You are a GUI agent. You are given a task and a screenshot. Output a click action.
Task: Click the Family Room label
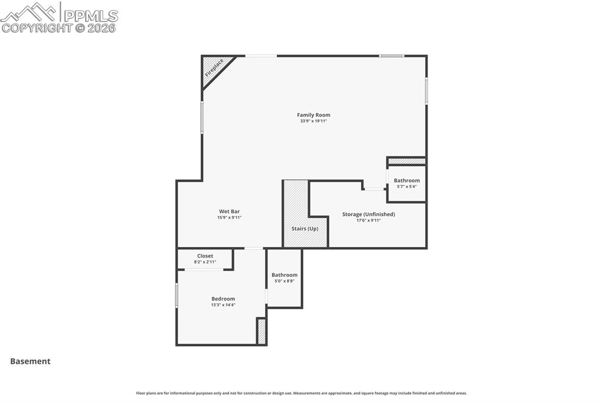[x=313, y=115]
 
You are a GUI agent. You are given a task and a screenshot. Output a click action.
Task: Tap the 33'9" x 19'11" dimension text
[x=313, y=121]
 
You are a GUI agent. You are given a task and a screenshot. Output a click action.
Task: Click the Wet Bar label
[x=229, y=212]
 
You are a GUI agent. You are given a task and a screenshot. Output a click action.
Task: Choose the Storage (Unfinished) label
[x=369, y=214]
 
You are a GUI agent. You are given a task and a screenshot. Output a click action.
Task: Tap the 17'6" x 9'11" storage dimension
[x=369, y=220]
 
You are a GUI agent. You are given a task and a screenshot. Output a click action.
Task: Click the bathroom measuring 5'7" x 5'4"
[x=407, y=183]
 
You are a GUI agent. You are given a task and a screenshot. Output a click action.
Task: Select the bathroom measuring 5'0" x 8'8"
[x=284, y=278]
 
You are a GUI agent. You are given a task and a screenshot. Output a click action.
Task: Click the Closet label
[x=205, y=256]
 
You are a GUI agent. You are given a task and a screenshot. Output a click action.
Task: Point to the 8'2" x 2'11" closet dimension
[x=205, y=262]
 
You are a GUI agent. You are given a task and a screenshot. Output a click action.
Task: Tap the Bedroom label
[x=223, y=299]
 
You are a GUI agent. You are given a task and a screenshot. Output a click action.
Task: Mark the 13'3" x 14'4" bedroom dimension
[x=223, y=305]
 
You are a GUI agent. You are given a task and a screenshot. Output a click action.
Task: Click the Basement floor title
[x=30, y=362]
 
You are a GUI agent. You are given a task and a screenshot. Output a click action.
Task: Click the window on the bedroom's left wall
[x=177, y=295]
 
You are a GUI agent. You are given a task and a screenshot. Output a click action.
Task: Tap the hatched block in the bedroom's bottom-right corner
[x=261, y=331]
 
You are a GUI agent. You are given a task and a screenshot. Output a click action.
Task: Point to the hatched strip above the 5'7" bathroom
[x=406, y=161]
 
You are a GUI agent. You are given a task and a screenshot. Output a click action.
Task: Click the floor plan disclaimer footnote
[x=301, y=393]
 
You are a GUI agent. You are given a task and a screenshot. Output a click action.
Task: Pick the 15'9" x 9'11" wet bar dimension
[x=229, y=218]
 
